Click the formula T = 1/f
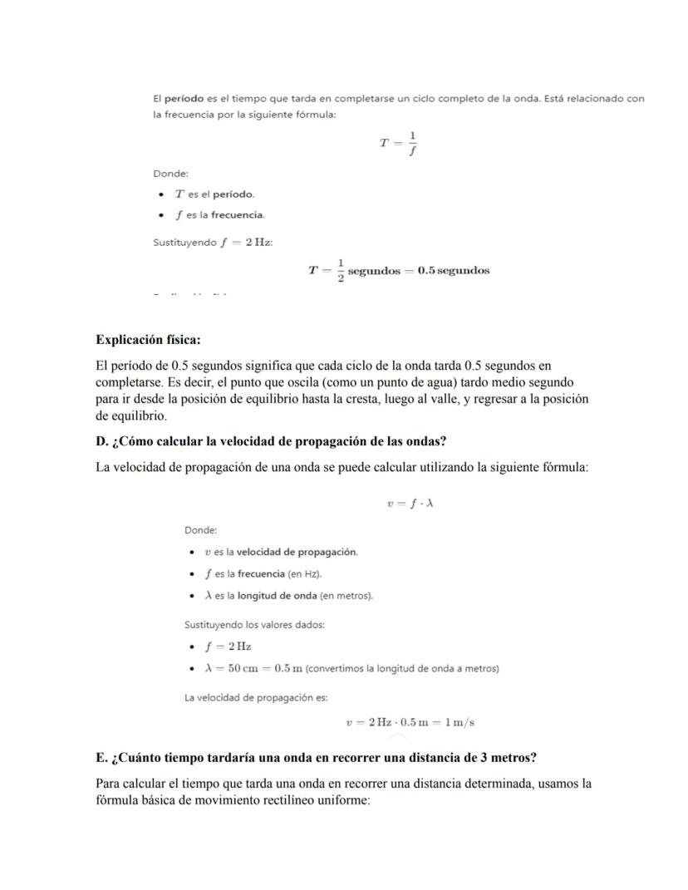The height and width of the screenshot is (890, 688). tap(399, 143)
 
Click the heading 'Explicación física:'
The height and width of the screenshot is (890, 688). tap(148, 340)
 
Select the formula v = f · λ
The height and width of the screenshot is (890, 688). tap(410, 504)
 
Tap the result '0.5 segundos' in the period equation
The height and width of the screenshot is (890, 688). tap(454, 270)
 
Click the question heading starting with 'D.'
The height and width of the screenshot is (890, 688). tap(271, 441)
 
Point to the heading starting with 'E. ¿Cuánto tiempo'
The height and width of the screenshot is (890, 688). tap(316, 758)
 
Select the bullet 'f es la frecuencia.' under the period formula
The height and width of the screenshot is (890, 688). tap(219, 215)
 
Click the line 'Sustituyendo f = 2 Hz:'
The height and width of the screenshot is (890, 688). tap(213, 242)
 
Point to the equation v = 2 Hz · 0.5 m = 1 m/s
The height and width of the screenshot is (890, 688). tap(410, 722)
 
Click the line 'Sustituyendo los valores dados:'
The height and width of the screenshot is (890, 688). tap(253, 624)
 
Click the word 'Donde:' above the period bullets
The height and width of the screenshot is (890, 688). tap(170, 173)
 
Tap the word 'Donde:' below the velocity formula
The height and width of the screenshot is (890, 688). tap(200, 530)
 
